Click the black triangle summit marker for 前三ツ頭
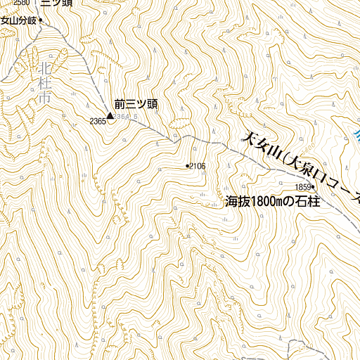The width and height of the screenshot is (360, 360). (110, 115)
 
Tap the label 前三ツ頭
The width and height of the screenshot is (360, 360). (136, 105)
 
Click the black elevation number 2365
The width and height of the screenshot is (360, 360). (98, 122)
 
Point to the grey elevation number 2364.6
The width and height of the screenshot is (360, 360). (125, 117)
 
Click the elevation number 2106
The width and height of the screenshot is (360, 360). (198, 166)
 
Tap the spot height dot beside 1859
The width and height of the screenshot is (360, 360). (313, 186)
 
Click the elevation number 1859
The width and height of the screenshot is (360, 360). (303, 186)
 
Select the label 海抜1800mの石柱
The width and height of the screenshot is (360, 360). (271, 202)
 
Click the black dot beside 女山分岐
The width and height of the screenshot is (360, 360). (40, 20)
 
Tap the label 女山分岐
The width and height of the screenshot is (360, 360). (18, 20)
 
